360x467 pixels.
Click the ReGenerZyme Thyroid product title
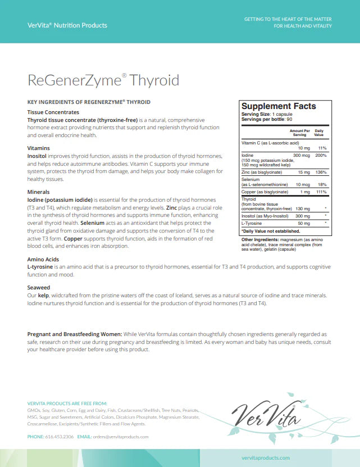(x=103, y=80)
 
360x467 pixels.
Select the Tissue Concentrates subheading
(x=54, y=112)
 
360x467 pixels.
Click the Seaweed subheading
(x=39, y=287)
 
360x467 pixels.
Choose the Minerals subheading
(x=38, y=192)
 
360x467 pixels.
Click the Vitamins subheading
(x=39, y=148)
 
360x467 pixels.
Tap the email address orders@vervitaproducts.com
(x=121, y=437)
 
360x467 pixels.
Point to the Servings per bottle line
(x=261, y=119)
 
